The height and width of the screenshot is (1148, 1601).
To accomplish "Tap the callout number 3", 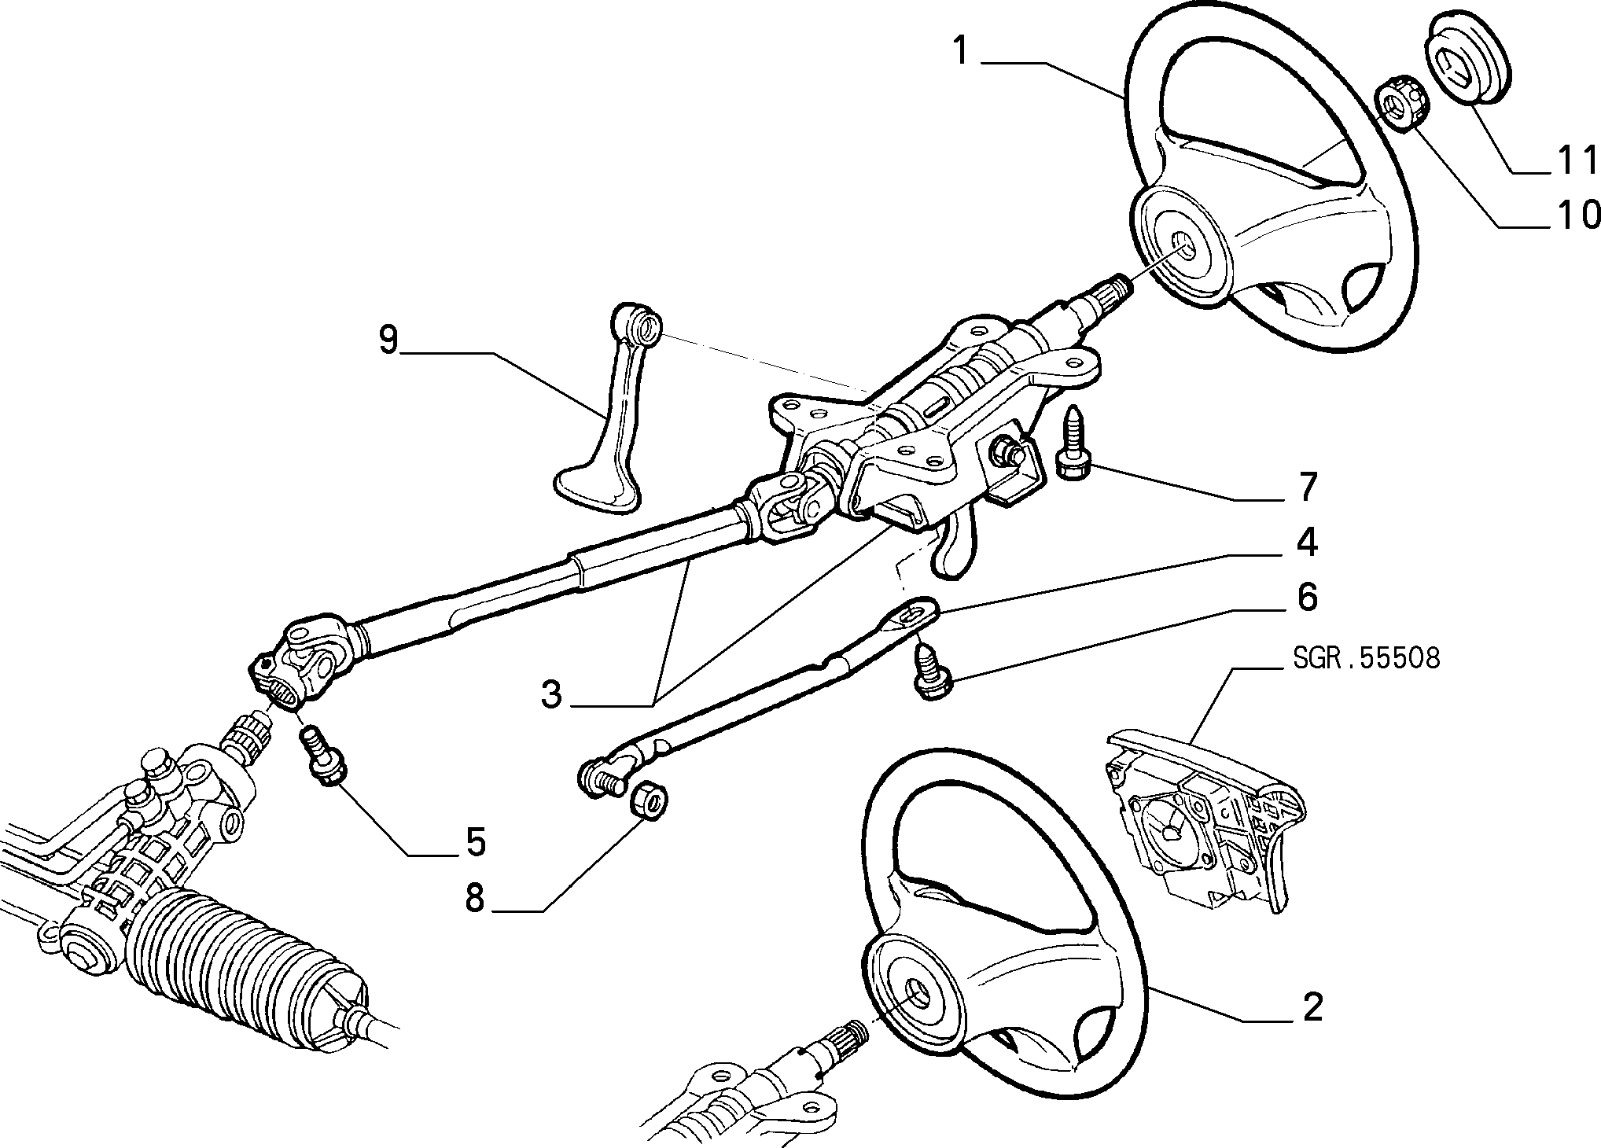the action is pos(551,694).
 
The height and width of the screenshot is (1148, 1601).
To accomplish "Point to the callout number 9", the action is pos(388,340).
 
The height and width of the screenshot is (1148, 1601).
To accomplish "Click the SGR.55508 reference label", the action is pos(1365,658).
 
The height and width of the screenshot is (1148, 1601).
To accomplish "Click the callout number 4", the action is pos(1305,543).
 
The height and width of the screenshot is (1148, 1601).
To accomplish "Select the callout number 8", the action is pos(473,896).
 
